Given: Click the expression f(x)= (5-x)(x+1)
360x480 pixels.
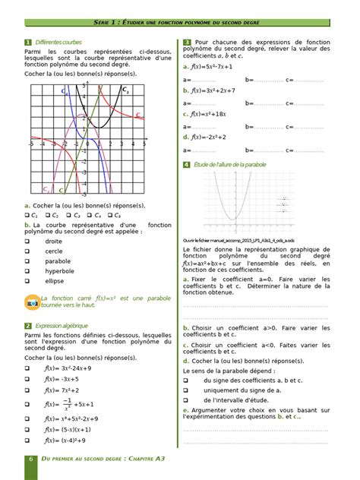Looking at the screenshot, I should (x=71, y=428).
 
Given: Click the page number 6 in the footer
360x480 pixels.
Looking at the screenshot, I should (x=31, y=460).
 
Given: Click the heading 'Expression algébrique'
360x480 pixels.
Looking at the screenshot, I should (x=60, y=325).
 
